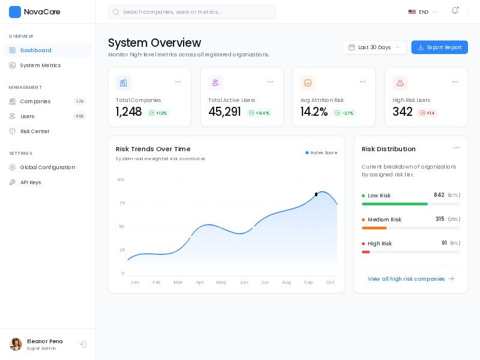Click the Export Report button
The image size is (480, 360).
coord(439,47)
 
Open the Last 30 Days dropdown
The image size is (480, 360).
coord(374,47)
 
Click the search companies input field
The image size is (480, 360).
coord(192,12)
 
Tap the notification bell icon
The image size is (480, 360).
coord(455,11)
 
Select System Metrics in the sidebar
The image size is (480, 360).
coord(40,65)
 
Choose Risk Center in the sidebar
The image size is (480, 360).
coord(35,131)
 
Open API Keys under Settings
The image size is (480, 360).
coord(31,182)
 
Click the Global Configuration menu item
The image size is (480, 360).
coord(47,167)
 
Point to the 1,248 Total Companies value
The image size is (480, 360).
coord(129,112)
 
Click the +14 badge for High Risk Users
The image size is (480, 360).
coord(428,113)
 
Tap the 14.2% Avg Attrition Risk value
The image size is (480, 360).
coord(314,112)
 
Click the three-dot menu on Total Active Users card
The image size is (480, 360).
coord(271,82)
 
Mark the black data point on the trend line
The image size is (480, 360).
coord(316,194)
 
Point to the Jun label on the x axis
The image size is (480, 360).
coord(244,282)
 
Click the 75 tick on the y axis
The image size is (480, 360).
coord(122,203)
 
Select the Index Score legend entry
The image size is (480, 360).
coord(322,153)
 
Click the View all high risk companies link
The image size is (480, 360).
coord(410,279)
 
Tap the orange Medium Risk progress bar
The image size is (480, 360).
coord(374,228)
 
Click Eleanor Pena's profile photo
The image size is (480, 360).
coord(16,344)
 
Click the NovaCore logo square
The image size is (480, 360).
coord(15,12)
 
